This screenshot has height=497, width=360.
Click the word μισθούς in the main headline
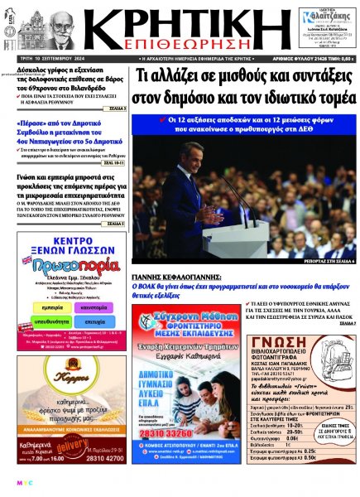(234, 77)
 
